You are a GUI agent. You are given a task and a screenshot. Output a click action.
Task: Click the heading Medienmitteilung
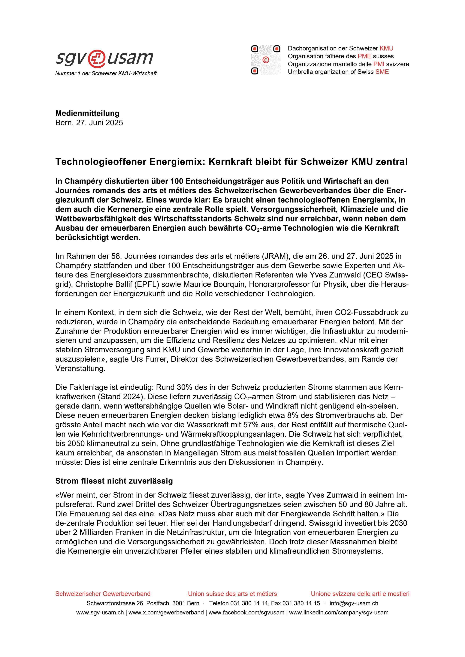click(87, 113)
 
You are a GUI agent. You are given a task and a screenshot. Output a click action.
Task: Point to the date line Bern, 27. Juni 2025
click(89, 123)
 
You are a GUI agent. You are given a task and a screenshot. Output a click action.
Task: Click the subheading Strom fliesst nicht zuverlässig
click(114, 481)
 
